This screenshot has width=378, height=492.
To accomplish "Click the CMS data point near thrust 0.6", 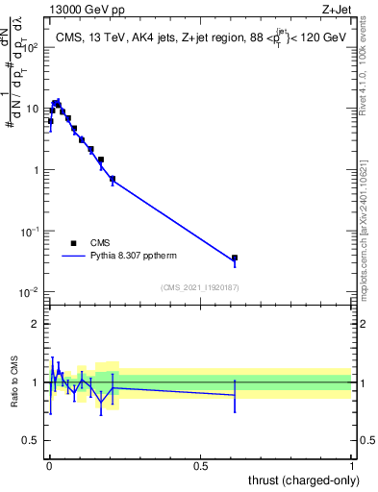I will click(235, 258).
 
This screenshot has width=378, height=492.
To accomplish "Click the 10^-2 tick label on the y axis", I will click(29, 293).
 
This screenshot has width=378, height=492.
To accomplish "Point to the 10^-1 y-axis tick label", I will click(29, 232).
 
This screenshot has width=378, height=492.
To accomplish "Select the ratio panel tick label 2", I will click(37, 324).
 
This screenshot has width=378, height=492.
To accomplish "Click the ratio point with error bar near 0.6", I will click(235, 395).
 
